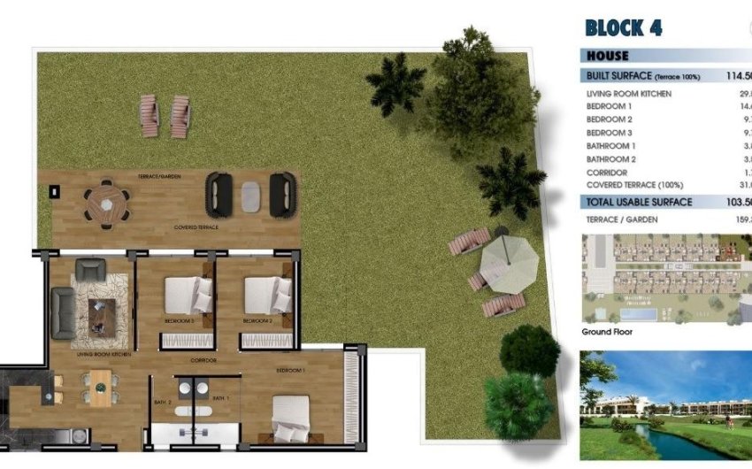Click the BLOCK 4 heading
624,27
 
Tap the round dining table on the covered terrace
106,203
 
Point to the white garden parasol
509,260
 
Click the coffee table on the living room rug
102,311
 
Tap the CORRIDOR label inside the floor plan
203,360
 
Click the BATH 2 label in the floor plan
163,400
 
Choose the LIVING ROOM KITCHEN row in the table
629,94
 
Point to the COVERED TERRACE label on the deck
196,227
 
